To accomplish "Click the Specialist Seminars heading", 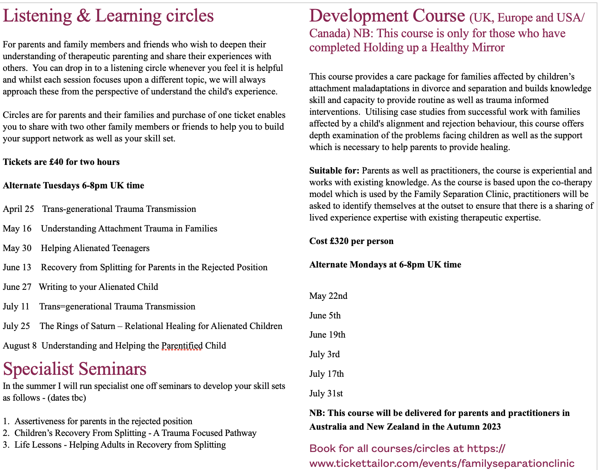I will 74,369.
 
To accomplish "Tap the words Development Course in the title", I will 387,16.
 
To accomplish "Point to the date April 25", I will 18,209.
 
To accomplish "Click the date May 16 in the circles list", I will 17,229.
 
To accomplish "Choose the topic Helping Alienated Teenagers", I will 95,248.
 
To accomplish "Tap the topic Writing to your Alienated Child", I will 98,287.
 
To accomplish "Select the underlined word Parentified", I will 182,346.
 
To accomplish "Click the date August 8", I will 20,346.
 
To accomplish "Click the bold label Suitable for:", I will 334,171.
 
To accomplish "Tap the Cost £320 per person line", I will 351,241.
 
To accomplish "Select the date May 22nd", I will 328,296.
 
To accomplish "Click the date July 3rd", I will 324,354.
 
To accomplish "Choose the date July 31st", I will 326,394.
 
